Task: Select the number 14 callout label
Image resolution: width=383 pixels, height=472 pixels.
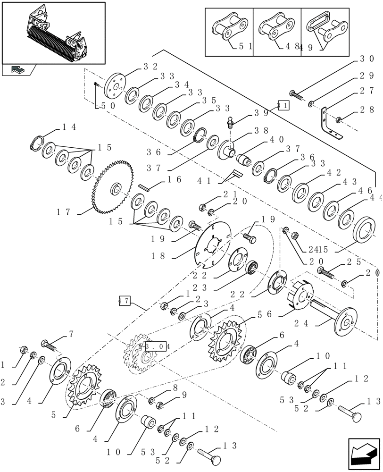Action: (69, 127)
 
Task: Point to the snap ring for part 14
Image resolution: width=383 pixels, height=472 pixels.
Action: (38, 143)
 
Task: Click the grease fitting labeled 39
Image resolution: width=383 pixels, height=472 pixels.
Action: (230, 122)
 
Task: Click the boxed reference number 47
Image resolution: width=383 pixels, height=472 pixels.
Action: (124, 300)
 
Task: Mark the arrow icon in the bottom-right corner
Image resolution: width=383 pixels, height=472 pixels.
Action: (364, 453)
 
